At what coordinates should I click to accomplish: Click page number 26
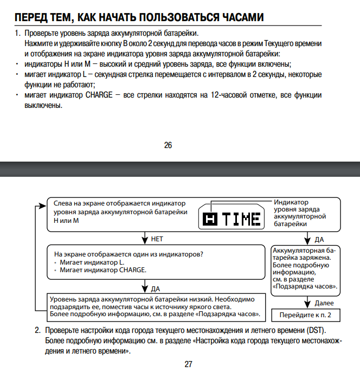click(x=168, y=145)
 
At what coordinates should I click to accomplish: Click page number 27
click(x=188, y=364)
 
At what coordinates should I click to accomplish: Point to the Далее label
click(x=324, y=303)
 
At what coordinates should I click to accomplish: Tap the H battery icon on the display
click(x=209, y=220)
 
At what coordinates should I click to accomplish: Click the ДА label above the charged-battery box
click(x=320, y=239)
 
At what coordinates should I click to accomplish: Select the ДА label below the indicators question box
click(x=156, y=288)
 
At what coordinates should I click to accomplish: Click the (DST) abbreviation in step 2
click(x=315, y=330)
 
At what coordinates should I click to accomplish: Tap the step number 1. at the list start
click(x=17, y=33)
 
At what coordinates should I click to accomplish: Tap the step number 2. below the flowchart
click(x=38, y=330)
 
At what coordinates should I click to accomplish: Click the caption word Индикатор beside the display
click(x=291, y=202)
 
